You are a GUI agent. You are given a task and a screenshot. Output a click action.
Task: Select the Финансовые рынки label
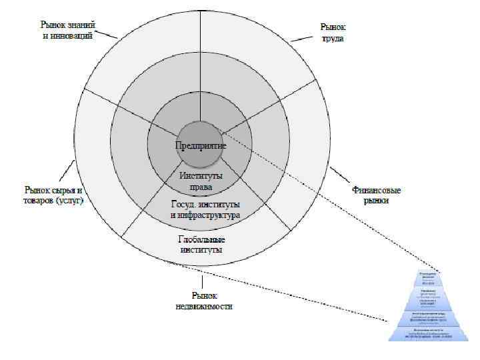[x=375, y=195]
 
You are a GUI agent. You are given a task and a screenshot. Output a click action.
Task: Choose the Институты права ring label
[x=201, y=181]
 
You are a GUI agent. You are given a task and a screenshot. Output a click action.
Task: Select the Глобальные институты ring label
[x=201, y=244]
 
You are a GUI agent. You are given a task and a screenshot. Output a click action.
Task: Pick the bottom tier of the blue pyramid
[x=427, y=332]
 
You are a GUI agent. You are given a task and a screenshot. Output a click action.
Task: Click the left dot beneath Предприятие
[x=182, y=151]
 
